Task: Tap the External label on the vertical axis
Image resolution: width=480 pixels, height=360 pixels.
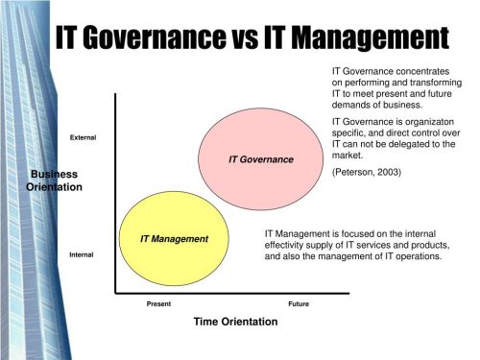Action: [x=84, y=138]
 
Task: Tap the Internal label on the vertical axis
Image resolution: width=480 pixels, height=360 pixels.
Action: [x=82, y=254]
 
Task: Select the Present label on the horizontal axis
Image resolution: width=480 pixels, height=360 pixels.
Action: [x=158, y=303]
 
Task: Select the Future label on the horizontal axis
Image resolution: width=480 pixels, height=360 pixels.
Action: [x=299, y=303]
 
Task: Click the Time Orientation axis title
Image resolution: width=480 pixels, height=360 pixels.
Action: [x=235, y=322]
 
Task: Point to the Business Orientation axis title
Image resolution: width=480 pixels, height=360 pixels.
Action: [x=55, y=180]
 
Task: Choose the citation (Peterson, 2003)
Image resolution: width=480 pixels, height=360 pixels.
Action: [x=366, y=172]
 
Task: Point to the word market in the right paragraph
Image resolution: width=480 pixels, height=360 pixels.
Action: [x=348, y=156]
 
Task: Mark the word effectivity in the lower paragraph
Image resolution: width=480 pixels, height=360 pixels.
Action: [x=288, y=245]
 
